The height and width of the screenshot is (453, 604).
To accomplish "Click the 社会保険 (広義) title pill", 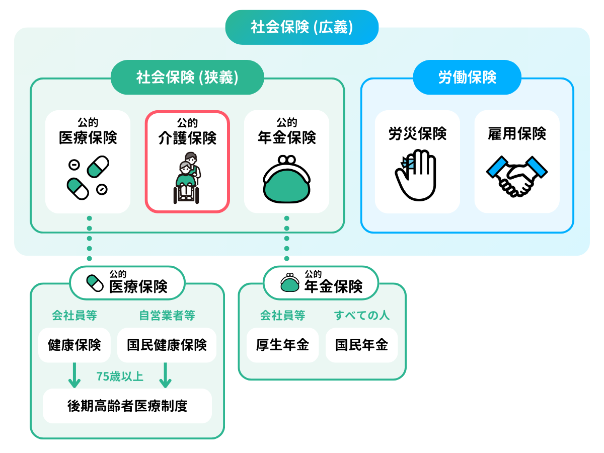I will point(301,27).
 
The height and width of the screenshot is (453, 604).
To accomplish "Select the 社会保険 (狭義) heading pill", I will point(187,78).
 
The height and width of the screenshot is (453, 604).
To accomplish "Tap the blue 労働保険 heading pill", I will point(467,77).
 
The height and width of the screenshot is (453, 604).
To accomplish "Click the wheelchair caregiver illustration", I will point(187,178).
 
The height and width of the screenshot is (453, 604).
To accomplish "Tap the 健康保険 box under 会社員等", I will point(74,345).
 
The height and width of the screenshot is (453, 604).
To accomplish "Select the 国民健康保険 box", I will point(167,345).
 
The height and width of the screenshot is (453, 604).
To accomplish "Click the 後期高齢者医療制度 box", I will point(127,406).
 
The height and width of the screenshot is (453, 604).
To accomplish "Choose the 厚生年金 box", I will point(282,345).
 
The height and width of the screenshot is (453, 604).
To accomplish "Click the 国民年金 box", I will point(361,345).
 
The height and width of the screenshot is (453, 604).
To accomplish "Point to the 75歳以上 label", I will point(120,376).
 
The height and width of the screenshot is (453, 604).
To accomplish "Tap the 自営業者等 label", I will point(167,316).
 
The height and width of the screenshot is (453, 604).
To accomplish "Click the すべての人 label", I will point(361,316).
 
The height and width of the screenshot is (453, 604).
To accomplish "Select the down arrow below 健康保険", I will point(74,376).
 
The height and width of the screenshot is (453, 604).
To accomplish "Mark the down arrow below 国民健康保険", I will point(166,376).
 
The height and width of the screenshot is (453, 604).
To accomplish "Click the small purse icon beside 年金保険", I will point(289,283).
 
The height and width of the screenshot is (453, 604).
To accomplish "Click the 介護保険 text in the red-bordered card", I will point(187,138).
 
